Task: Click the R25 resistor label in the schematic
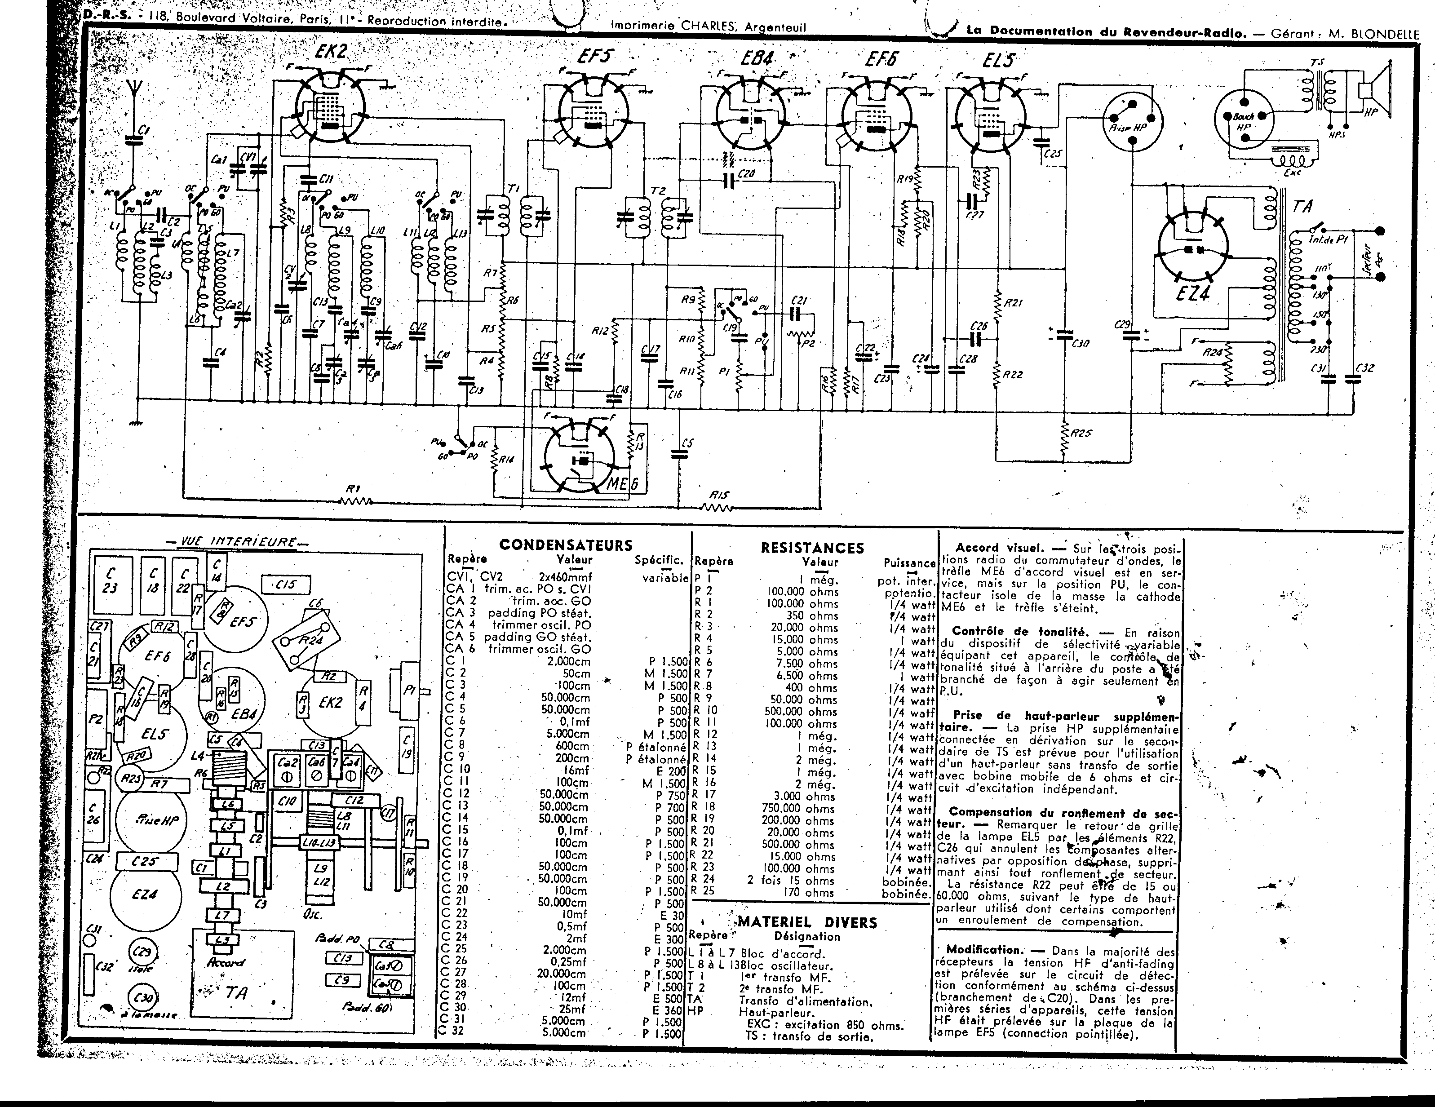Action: tap(1081, 434)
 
